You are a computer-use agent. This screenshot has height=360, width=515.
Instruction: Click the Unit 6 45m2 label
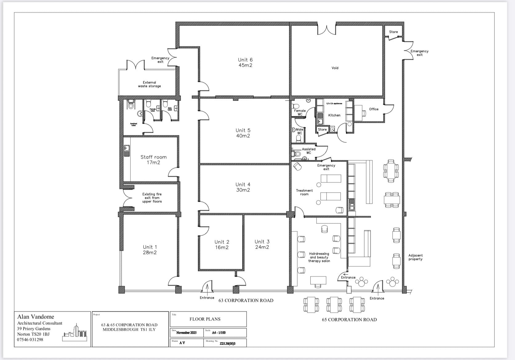click(x=245, y=62)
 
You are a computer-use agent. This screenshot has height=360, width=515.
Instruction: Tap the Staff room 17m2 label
click(x=153, y=160)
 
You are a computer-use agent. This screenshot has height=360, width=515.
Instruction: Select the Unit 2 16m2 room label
click(x=222, y=245)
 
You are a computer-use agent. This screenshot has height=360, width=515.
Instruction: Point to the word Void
click(x=335, y=68)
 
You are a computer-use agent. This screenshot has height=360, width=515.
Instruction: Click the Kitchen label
click(x=334, y=115)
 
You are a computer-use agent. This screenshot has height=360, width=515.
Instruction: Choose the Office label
click(x=373, y=109)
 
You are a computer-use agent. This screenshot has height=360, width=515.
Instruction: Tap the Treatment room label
click(x=304, y=192)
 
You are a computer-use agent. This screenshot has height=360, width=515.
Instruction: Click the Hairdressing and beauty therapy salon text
click(x=319, y=257)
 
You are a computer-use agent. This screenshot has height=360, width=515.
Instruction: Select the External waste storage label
click(x=149, y=84)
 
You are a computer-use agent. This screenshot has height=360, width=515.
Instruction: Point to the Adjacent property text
click(x=415, y=257)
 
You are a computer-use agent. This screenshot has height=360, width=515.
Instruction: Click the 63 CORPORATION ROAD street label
click(x=246, y=301)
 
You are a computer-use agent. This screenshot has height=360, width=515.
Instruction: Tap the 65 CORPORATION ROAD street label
click(x=349, y=320)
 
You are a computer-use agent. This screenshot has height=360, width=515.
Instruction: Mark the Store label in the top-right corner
click(x=393, y=32)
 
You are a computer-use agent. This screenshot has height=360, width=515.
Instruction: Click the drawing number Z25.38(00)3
click(x=227, y=343)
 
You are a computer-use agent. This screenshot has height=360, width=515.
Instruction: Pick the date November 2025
click(x=186, y=333)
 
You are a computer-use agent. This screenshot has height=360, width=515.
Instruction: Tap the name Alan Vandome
click(x=35, y=317)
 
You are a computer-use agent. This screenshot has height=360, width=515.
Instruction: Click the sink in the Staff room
click(x=127, y=151)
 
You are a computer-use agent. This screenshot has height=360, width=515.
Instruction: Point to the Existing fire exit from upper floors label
click(x=152, y=198)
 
